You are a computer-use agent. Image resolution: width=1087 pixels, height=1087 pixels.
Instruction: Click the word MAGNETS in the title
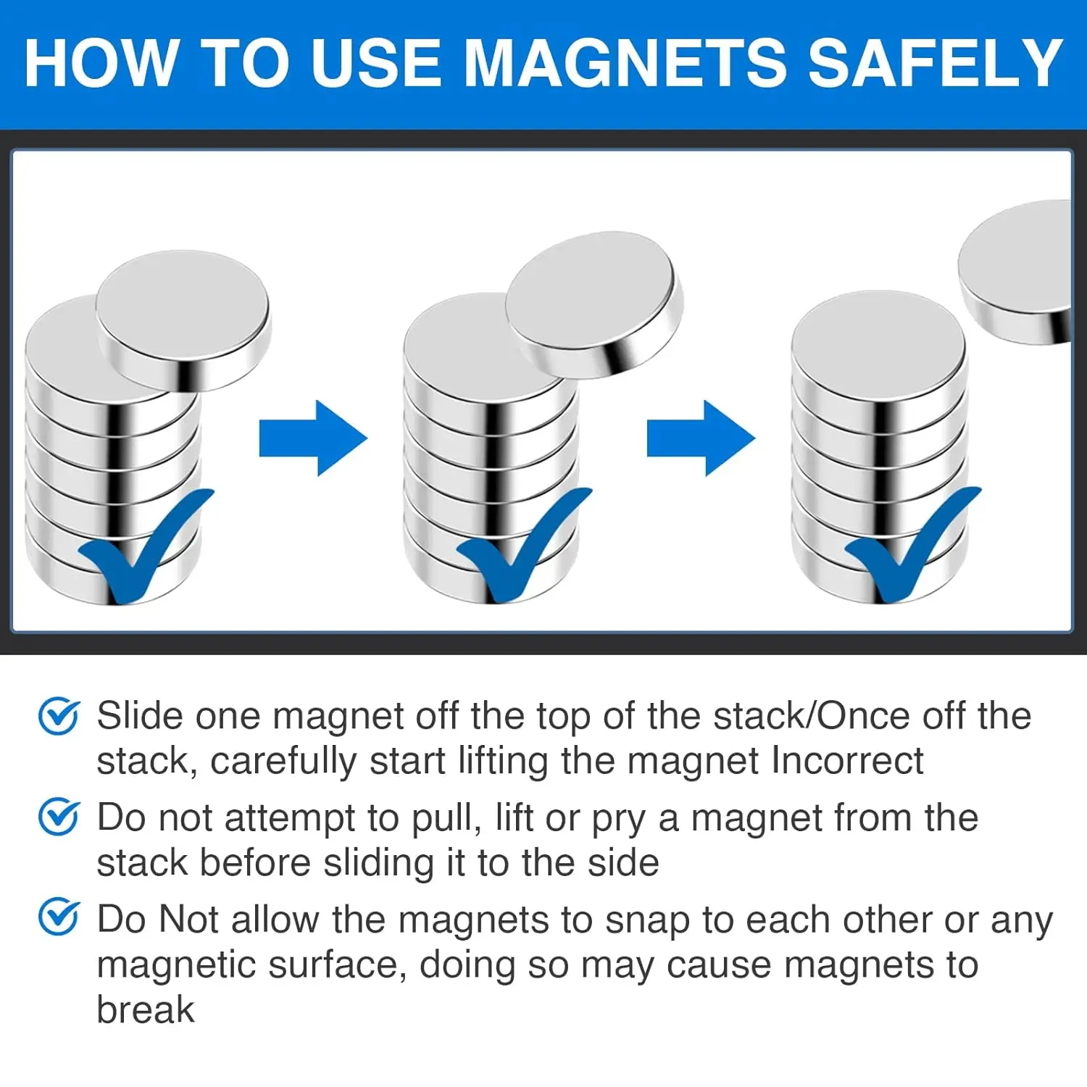point(625,63)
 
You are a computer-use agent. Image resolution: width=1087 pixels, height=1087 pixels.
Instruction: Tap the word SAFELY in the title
point(935,63)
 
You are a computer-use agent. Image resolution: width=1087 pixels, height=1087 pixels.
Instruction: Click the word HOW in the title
point(101,63)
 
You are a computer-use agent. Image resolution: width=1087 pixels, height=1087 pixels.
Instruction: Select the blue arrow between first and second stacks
point(313,438)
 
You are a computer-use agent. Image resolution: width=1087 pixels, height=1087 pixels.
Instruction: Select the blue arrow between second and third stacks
point(701,438)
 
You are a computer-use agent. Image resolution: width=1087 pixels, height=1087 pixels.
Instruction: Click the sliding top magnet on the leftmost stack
point(183,319)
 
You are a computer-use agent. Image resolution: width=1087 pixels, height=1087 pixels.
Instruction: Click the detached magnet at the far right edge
point(1018,272)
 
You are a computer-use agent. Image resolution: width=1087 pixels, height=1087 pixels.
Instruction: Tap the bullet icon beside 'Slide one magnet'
point(58,716)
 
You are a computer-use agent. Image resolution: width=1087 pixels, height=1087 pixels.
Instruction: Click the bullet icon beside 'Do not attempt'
point(58,817)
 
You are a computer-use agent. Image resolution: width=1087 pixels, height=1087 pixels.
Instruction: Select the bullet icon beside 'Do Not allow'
point(58,917)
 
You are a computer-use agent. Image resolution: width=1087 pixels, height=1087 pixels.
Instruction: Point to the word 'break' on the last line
point(146,1009)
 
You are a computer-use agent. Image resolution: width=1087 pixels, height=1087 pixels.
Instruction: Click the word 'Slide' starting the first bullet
point(140,716)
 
